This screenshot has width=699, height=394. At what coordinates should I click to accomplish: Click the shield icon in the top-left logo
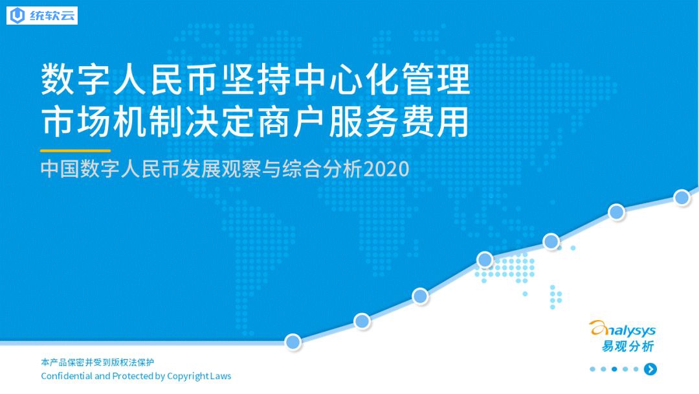coord(17,16)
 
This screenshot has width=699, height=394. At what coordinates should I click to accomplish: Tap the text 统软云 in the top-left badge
coord(52,16)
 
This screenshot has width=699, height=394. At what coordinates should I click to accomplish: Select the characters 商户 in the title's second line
coord(292,121)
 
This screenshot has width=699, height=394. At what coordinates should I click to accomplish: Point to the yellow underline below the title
coord(75,151)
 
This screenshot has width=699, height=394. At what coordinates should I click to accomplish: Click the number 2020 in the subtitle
coord(386,169)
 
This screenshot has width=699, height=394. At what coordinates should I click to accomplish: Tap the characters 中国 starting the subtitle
coord(60,169)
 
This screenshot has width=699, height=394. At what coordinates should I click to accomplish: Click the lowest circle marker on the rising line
coord(293,342)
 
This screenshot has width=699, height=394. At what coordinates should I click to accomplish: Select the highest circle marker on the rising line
coord(682,197)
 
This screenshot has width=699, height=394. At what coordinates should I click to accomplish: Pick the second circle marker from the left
coord(362,321)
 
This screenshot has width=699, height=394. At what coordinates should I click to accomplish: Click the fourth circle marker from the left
coord(485,259)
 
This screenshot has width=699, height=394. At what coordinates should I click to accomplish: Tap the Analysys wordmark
coord(623,329)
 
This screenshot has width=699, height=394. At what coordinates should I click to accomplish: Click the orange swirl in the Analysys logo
coord(597,329)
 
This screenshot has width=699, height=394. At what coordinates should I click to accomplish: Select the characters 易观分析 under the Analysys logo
coord(628,346)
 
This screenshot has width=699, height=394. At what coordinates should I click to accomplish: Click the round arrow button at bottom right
coord(650,369)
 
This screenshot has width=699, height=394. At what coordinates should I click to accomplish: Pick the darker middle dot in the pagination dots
coord(614,369)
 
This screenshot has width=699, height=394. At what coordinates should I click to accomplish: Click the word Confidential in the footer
coord(67,376)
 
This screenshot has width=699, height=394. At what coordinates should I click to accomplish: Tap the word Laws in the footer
coord(221,376)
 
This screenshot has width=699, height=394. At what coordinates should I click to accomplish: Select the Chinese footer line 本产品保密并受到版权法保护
coord(97,362)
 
